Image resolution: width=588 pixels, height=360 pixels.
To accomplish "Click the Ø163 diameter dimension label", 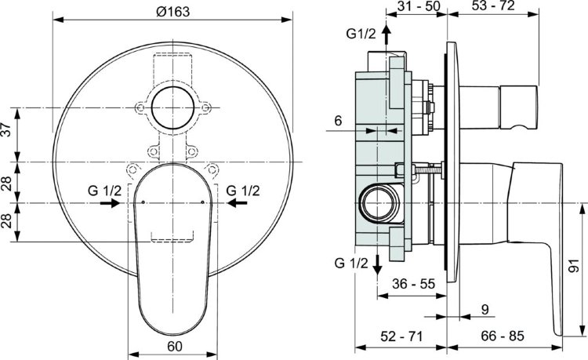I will tap(175, 10).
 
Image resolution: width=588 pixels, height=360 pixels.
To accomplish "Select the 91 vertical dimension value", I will tap(576, 269).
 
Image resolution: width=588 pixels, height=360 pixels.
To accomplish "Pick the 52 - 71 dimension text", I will tap(402, 337).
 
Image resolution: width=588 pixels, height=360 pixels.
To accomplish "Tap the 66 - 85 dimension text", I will tap(503, 337).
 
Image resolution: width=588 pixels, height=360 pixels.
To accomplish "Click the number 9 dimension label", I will tap(484, 310).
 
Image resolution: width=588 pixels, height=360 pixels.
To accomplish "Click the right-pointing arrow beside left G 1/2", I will tap(111, 203).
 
